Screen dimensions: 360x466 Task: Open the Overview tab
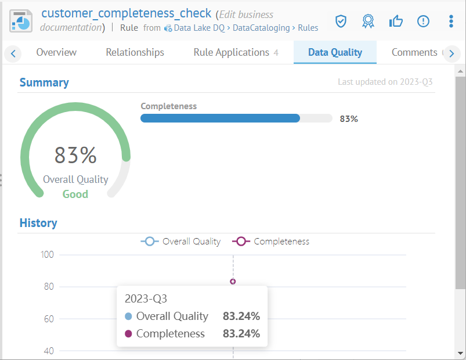coord(56,52)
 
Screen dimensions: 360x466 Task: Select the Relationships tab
coord(135,52)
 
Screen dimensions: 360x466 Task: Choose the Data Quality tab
coord(335,52)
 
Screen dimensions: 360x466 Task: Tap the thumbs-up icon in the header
coord(396,21)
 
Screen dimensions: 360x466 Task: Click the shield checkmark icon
coord(341,21)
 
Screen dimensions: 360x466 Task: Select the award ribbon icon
coord(368,21)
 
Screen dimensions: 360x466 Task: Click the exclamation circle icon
coord(423,21)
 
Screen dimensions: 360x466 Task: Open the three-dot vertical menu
coord(451,21)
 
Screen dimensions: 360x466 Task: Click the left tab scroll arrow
coord(13,54)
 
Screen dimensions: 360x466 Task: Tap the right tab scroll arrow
coord(451,54)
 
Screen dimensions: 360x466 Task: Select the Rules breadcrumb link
coord(308,27)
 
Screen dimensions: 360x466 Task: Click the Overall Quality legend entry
coord(180,241)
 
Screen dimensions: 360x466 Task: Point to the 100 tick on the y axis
coord(47,254)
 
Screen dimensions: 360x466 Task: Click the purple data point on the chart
coord(233,282)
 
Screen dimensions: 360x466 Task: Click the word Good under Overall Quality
coord(75,194)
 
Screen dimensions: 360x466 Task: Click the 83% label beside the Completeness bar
coord(349,118)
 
